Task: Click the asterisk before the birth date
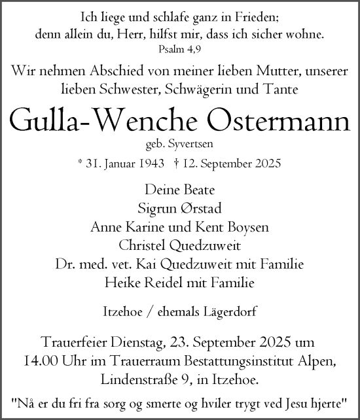tap(79, 163)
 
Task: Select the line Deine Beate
tap(180, 189)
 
